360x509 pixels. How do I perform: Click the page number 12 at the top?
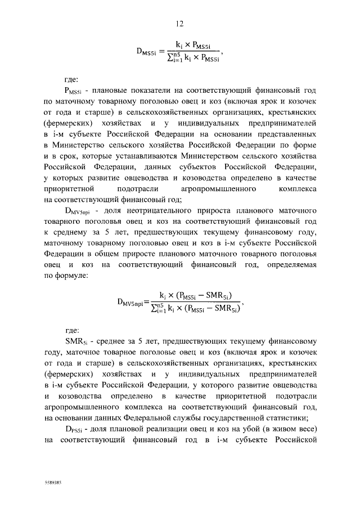[180, 24]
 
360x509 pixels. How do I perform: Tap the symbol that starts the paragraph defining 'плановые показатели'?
[75, 91]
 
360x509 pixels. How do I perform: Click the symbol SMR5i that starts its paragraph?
[76, 341]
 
